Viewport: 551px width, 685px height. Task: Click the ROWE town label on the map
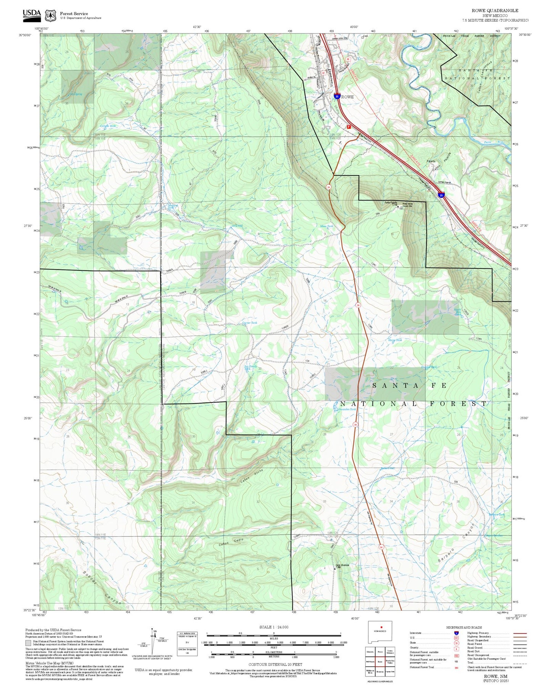[x=347, y=97]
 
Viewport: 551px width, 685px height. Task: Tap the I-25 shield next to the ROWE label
[x=337, y=97]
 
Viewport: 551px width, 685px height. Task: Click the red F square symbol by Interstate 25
[x=349, y=126]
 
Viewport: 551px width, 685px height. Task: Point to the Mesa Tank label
[x=326, y=226]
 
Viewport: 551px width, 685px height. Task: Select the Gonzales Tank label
[x=347, y=409]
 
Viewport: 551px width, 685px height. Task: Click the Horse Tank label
[x=395, y=340]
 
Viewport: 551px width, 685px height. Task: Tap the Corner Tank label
[x=250, y=323]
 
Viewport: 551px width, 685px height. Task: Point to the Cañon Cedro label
[x=231, y=542]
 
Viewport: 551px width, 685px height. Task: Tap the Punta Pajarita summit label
[x=390, y=202]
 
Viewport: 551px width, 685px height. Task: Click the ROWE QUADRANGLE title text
[x=495, y=10]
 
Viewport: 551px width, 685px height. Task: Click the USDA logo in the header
[x=32, y=14]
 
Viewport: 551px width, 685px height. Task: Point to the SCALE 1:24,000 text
[x=273, y=627]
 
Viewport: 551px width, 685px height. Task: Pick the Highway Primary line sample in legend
[x=520, y=633]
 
